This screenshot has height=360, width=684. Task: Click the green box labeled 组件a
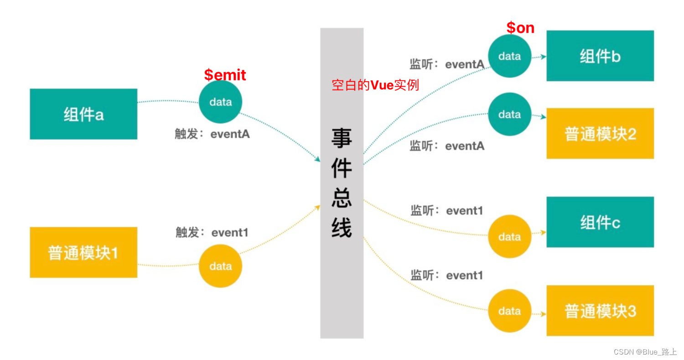tap(83, 114)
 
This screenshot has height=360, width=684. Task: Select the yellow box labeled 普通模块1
tap(83, 252)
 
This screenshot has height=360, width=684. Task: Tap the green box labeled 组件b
tap(600, 56)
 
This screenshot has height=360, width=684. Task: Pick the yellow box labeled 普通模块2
tap(600, 133)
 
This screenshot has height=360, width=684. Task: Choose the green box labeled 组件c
tap(600, 222)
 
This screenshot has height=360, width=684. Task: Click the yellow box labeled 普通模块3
tap(600, 311)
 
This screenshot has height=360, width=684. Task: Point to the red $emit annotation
tap(225, 74)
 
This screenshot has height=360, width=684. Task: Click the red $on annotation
tap(520, 28)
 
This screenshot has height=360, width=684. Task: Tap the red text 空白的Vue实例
tap(375, 85)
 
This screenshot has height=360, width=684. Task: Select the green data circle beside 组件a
tap(221, 102)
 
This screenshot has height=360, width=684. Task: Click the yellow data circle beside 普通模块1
tap(221, 266)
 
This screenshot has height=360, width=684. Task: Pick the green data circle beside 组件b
tap(509, 56)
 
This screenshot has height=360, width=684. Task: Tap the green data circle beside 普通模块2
tap(509, 114)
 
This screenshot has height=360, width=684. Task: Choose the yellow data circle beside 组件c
tap(509, 237)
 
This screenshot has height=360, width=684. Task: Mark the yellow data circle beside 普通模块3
tap(509, 311)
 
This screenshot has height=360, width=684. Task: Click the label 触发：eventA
tap(212, 135)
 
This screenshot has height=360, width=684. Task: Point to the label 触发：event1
tap(212, 232)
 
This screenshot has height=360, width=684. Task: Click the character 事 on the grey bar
tap(342, 138)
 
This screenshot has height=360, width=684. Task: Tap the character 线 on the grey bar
tap(342, 227)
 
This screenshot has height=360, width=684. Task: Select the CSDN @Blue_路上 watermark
tap(645, 352)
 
